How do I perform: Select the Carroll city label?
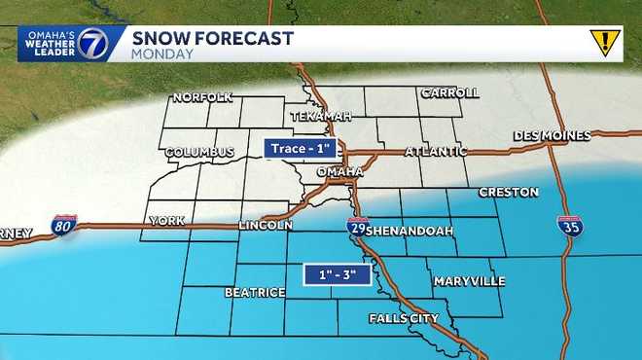coord(449,93)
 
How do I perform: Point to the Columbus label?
coord(199,153)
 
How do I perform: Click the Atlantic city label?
coord(436,152)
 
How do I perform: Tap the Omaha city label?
coord(340,172)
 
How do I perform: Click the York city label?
coord(165,222)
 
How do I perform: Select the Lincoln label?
coord(266,226)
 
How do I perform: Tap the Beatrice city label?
coord(255,292)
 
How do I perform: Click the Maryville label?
coord(469,282)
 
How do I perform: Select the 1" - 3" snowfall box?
coord(338,275)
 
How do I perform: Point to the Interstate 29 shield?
coord(357,228)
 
